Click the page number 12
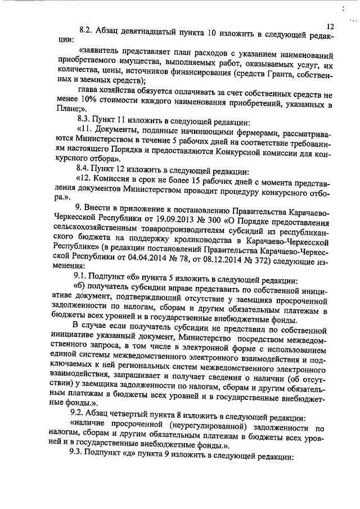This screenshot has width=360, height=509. [330, 26]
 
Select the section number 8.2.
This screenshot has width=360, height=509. [85, 31]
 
